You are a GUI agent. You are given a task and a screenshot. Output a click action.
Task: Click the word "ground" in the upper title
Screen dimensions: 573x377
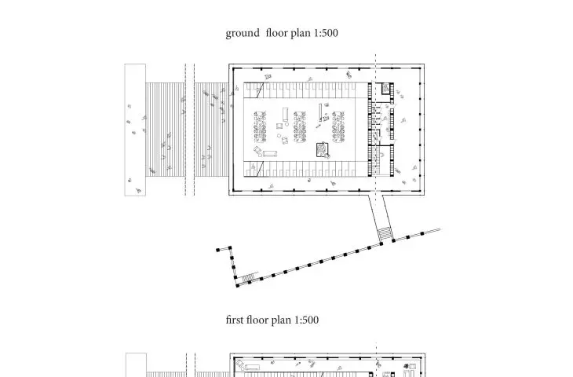coord(243,34)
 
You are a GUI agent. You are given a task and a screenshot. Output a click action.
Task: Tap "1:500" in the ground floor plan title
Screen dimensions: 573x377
coord(326,33)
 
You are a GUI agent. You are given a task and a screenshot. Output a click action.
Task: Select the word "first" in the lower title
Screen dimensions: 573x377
coord(234,320)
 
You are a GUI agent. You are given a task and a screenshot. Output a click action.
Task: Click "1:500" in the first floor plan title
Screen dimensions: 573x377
coord(306,320)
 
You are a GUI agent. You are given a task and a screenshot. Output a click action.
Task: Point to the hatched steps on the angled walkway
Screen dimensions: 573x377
coord(385,234)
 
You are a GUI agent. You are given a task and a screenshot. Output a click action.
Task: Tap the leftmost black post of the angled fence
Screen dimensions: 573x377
coord(218,250)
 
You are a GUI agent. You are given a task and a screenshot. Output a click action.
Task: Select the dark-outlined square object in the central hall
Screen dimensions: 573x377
coord(323,150)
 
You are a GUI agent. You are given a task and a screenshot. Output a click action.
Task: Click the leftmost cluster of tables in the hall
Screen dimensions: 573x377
coord(260,127)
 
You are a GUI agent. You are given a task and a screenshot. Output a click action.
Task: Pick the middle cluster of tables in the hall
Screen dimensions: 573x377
coord(300,127)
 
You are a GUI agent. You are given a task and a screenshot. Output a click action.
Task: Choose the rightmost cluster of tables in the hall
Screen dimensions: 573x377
coord(338,127)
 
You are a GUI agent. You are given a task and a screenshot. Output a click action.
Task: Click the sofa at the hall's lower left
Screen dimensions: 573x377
coord(270,154)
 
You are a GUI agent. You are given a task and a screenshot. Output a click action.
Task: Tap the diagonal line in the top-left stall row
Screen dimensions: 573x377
coord(260,90)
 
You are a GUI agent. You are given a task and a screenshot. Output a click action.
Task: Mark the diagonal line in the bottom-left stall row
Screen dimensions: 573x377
coord(260,169)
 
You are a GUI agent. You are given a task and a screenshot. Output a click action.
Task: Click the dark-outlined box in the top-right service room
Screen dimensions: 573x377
coord(386,88)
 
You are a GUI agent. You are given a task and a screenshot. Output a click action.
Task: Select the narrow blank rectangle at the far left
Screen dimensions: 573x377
coord(135,130)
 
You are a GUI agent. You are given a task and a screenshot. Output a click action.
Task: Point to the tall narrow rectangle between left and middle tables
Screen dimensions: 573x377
coord(286,115)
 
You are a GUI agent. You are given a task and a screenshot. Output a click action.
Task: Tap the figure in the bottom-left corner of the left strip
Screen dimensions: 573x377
coord(138,190)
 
